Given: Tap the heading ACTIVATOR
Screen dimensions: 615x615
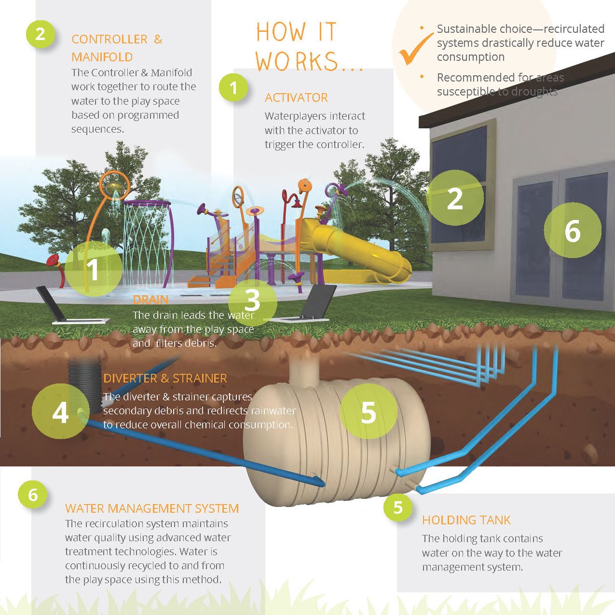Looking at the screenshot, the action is (296, 98).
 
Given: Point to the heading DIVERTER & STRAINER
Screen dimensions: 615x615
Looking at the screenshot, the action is (165, 379).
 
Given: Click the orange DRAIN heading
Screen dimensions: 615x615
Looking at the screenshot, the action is (151, 300).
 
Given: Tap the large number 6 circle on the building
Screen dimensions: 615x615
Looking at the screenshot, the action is (572, 231).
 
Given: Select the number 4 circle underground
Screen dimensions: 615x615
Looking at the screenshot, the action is (60, 412).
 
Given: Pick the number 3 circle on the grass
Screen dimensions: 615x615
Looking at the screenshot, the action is (253, 301).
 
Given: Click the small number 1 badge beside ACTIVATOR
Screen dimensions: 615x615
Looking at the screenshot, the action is (233, 88).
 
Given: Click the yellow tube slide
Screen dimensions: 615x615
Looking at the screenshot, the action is (354, 249).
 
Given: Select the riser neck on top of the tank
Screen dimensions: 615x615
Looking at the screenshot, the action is (304, 370).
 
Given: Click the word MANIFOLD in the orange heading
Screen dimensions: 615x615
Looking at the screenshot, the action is (102, 57).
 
